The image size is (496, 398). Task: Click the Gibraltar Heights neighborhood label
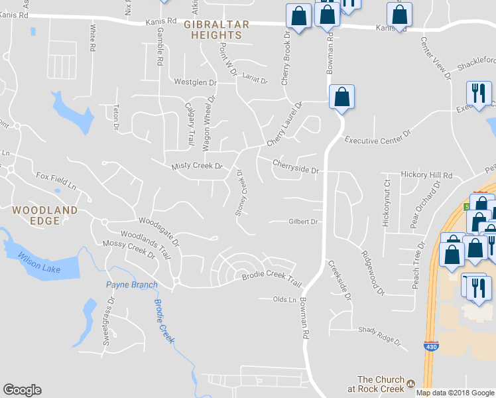[x=216, y=30]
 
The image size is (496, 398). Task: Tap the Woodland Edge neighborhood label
[x=44, y=216]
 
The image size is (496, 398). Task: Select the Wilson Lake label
[x=39, y=261]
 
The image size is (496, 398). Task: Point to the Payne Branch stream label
[x=132, y=285]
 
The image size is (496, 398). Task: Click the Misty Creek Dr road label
[x=196, y=166]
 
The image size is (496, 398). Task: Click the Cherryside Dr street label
[x=296, y=165]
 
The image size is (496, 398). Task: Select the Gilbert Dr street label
[x=303, y=222]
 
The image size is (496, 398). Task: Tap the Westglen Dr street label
[x=195, y=83]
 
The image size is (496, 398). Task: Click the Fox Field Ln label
[x=57, y=178]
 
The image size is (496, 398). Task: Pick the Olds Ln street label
[x=284, y=300]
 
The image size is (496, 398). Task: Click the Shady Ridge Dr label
[x=380, y=336]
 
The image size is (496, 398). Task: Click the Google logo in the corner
[x=22, y=390]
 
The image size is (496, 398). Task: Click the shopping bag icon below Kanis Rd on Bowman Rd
[x=341, y=97]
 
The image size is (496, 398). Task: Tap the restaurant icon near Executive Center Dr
[x=478, y=92]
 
